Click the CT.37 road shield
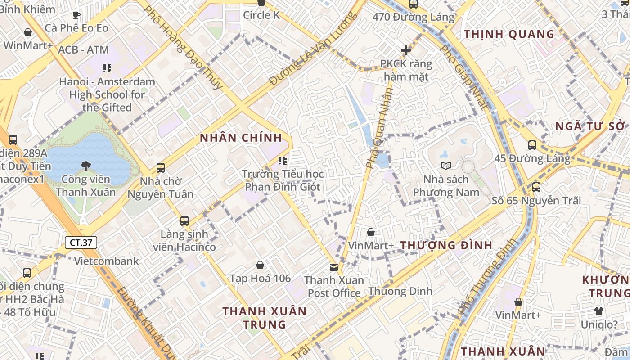pyautogui.click(x=81, y=243)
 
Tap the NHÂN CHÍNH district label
pyautogui.click(x=241, y=138)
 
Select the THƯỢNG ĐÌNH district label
pyautogui.click(x=446, y=245)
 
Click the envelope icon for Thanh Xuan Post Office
pyautogui.click(x=334, y=267)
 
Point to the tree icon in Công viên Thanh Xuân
pyautogui.click(x=86, y=166)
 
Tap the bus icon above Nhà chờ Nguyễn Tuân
pyautogui.click(x=161, y=168)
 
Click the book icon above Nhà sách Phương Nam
pyautogui.click(x=446, y=166)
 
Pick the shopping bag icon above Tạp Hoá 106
pyautogui.click(x=260, y=265)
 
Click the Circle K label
pyautogui.click(x=261, y=15)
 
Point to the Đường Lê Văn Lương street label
pyautogui.click(x=313, y=49)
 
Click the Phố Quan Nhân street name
pyautogui.click(x=379, y=129)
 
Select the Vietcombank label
pyautogui.click(x=107, y=261)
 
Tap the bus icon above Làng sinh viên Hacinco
pyautogui.click(x=184, y=220)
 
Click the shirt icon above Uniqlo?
pyautogui.click(x=598, y=311)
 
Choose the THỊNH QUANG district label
pyautogui.click(x=509, y=34)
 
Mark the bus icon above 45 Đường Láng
pyautogui.click(x=532, y=145)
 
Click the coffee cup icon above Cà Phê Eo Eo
pyautogui.click(x=76, y=15)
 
